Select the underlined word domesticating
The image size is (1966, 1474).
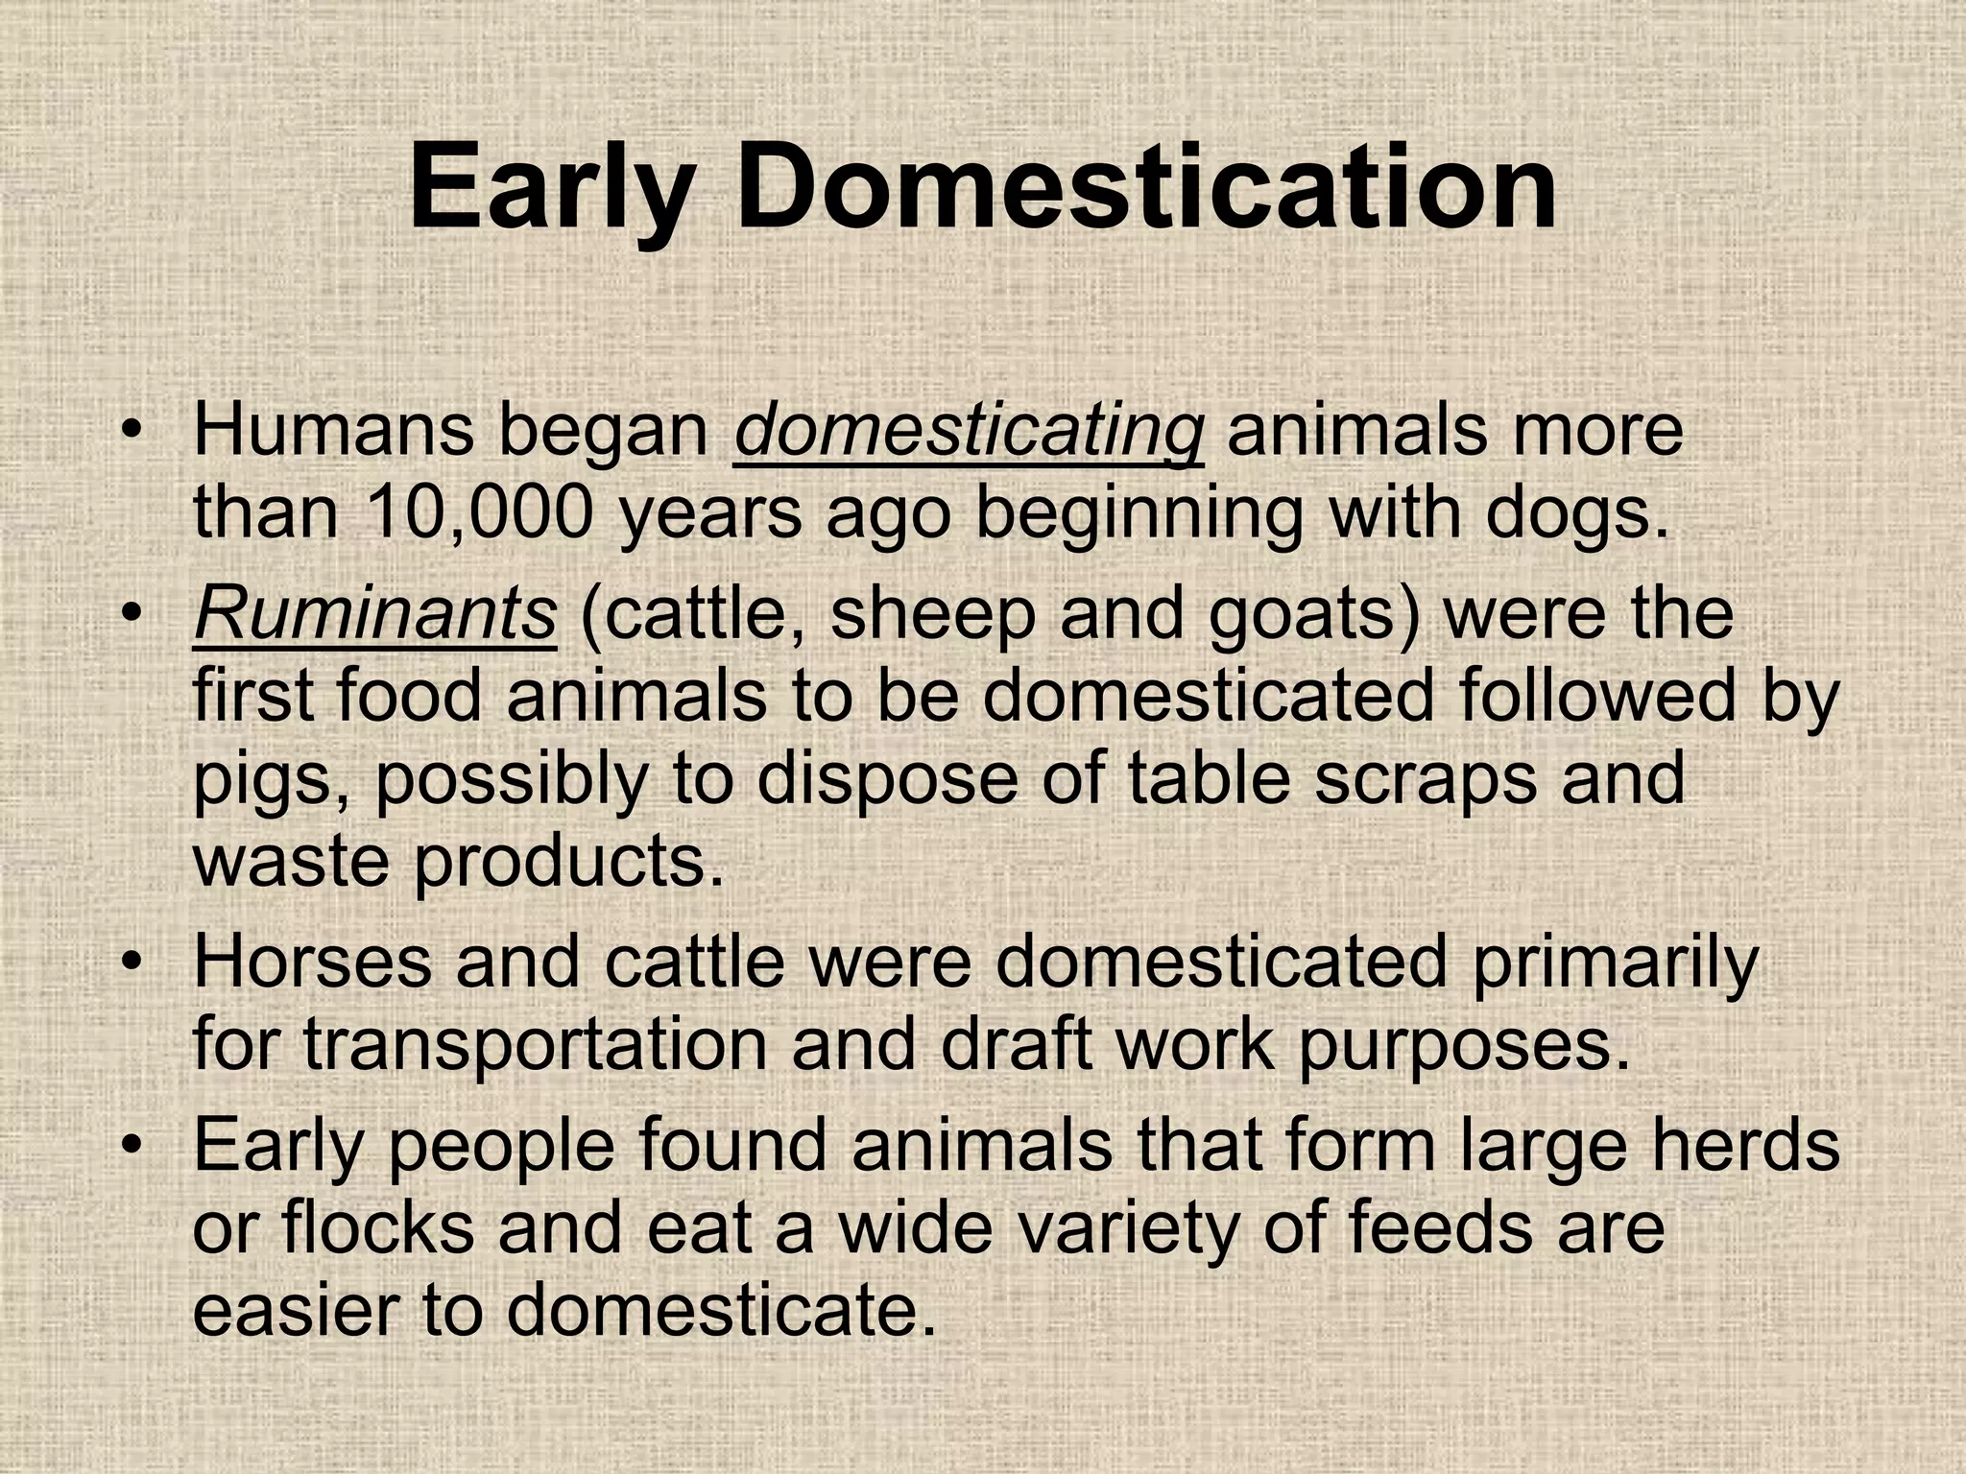coord(968,432)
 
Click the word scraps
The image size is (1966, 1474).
coord(1426,779)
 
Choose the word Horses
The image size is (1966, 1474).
coord(312,963)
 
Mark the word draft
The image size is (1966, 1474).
coord(1017,1044)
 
